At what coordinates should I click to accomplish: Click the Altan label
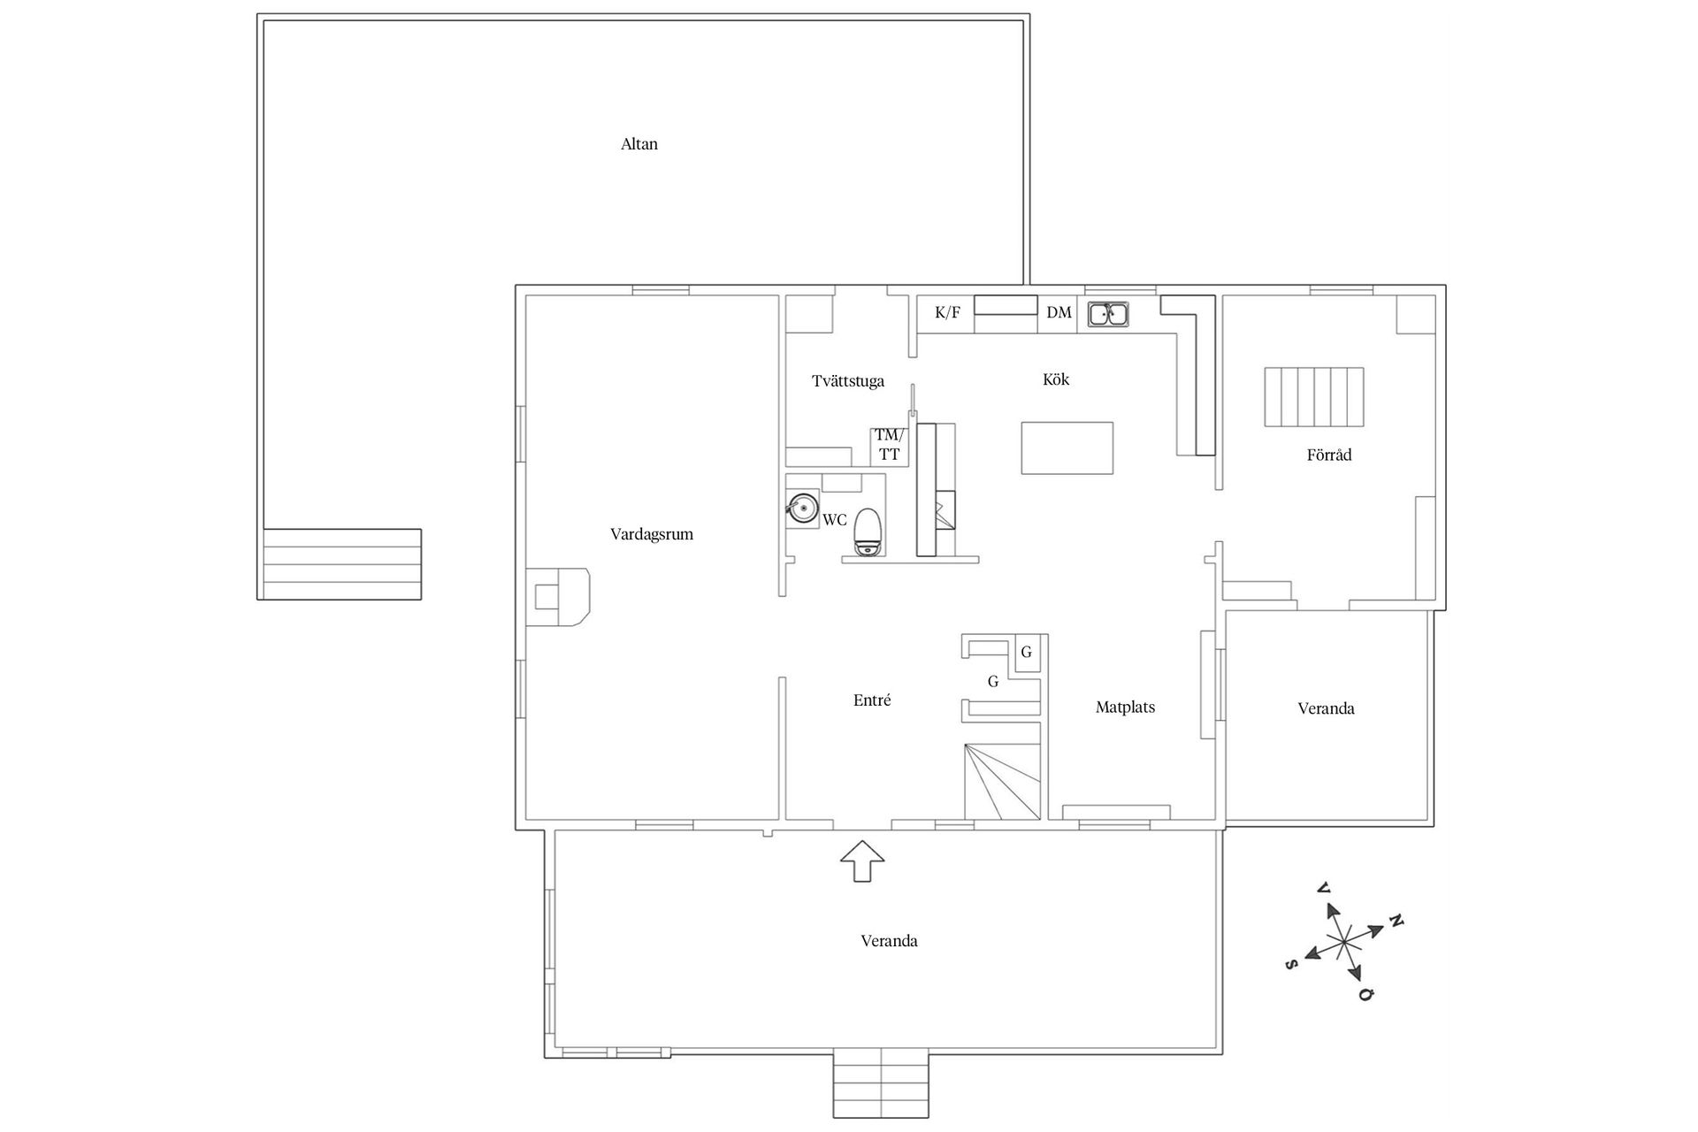pos(639,144)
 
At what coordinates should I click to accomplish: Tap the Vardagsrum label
pos(652,535)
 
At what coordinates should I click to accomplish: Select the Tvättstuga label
pos(848,382)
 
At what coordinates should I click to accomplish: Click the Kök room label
pos(1056,379)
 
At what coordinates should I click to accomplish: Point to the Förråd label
pos(1329,455)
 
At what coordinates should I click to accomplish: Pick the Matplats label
pos(1125,707)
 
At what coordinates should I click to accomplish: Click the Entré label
pos(872,700)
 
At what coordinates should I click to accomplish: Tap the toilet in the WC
pos(868,532)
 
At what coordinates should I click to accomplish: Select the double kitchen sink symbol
pos(1108,314)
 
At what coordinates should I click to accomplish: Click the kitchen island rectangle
pos(1067,448)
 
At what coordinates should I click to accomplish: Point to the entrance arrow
pos(862,860)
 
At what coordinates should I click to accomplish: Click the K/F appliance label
pos(947,312)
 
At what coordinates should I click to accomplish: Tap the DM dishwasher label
pos(1059,312)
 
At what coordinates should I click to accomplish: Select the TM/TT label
pos(890,445)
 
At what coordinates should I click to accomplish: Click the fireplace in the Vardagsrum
pos(558,596)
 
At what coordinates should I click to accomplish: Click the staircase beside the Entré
pos(1001,782)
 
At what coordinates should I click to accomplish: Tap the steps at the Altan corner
pos(341,564)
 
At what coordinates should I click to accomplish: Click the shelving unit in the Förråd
pos(1314,397)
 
